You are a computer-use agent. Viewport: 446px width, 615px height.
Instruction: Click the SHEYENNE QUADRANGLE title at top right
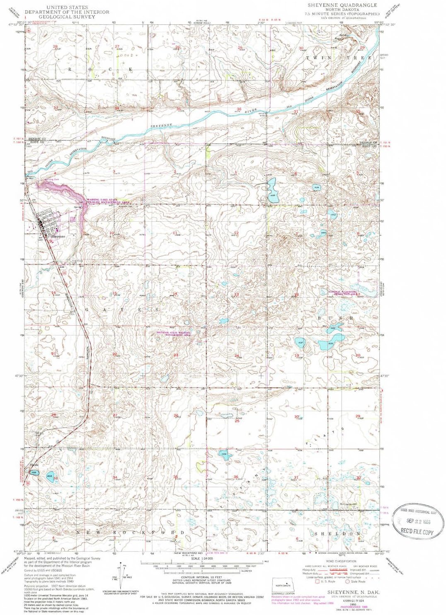342,5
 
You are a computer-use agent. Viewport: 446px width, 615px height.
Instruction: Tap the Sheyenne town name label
58,236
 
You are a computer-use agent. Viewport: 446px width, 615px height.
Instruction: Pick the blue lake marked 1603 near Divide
50,476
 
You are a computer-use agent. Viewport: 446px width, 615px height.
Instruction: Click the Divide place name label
35,465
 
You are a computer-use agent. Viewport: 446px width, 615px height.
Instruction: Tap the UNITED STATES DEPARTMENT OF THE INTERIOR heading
67,12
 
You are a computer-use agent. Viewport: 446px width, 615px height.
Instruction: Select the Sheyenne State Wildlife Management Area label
173,333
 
